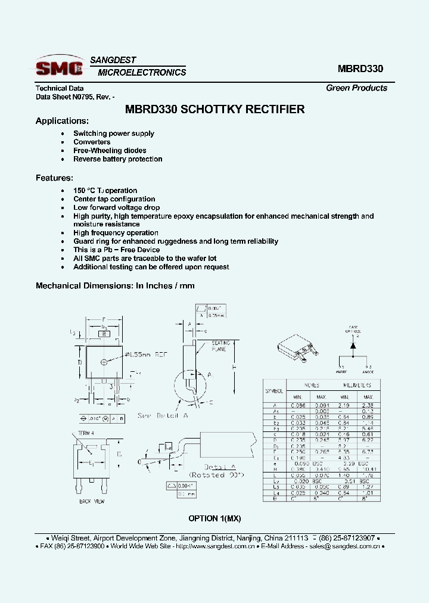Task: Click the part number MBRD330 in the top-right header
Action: (x=360, y=69)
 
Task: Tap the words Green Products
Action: (x=356, y=88)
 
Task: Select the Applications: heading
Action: (x=62, y=121)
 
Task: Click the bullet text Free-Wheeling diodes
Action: (x=110, y=151)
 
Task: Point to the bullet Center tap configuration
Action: (x=114, y=199)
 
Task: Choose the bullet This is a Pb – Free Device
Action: (x=116, y=250)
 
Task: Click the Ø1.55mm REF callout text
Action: (x=147, y=355)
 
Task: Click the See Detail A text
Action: (x=163, y=415)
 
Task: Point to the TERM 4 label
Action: (x=86, y=433)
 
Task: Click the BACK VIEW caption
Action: (x=92, y=502)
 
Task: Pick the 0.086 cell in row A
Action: (x=298, y=405)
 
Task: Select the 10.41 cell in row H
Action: (x=368, y=470)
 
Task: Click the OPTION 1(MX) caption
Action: (x=214, y=518)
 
